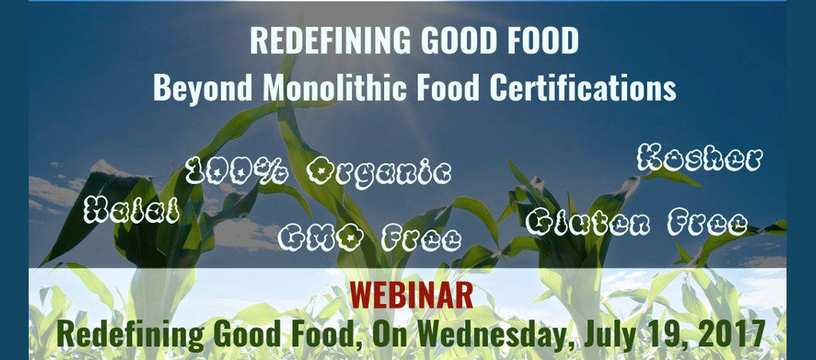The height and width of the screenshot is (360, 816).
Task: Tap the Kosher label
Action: pos(700,158)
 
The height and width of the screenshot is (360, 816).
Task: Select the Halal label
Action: pos(131,210)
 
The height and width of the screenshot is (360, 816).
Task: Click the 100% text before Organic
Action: pos(237,170)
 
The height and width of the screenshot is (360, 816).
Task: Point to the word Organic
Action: pos(379,172)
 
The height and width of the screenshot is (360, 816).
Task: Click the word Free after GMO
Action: pos(421,238)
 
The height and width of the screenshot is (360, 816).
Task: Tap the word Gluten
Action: pos(587,223)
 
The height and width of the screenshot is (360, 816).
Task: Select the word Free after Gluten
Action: pos(708,223)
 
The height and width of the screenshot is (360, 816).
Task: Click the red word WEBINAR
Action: pos(411,295)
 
